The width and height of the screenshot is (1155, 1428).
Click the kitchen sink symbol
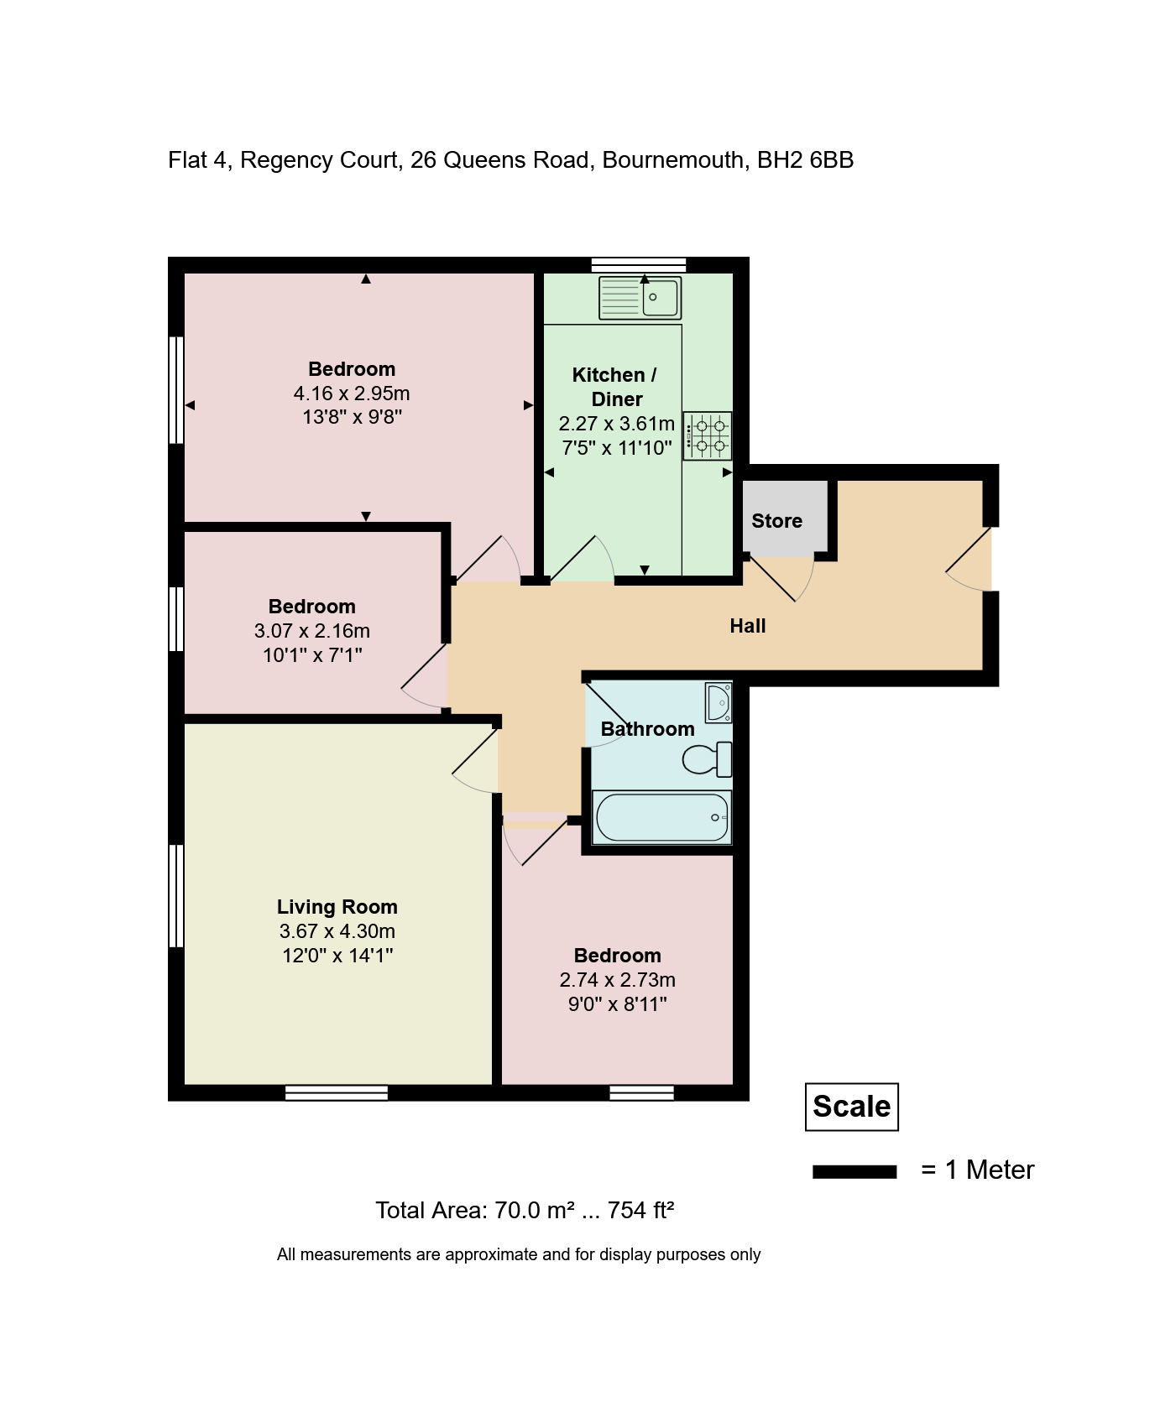coord(640,298)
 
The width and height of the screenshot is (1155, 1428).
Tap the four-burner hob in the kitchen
coord(708,435)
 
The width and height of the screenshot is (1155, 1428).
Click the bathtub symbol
coord(661,817)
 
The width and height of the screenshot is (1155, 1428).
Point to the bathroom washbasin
coord(719,702)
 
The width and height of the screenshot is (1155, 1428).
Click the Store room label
coord(776,521)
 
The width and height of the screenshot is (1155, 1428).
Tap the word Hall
coord(747,626)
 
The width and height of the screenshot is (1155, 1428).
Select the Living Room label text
coord(337,907)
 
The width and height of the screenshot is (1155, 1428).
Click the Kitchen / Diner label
coord(615,387)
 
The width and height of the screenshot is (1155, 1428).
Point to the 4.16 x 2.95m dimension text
coord(351,393)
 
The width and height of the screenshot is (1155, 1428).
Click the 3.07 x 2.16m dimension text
coord(311,631)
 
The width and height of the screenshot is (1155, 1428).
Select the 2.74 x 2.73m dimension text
coord(617,980)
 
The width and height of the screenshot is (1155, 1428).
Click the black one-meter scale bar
coord(854,1172)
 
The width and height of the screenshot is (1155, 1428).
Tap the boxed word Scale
coord(851,1107)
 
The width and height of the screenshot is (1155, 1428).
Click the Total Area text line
coord(525,1211)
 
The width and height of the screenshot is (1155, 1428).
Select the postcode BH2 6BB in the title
coord(805,160)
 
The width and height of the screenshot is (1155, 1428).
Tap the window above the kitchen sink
coord(639,265)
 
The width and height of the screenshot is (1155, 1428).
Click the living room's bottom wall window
coord(336,1092)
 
